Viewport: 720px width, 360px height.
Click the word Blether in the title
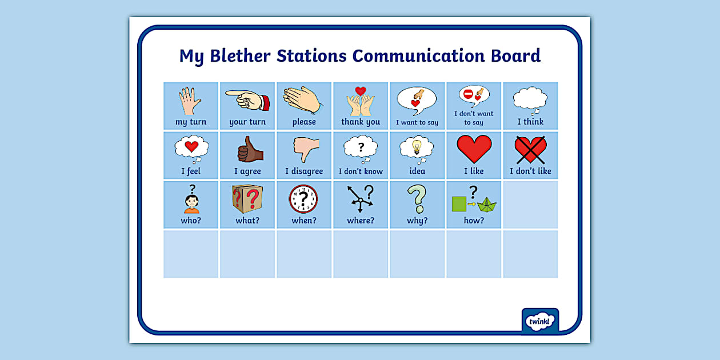(x=241, y=56)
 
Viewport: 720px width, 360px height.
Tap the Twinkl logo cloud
(x=539, y=321)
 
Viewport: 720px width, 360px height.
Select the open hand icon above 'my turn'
(x=190, y=101)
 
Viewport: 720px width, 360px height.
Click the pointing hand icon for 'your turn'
(x=246, y=101)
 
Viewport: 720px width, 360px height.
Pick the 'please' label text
(x=304, y=122)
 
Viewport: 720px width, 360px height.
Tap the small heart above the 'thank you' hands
(x=360, y=91)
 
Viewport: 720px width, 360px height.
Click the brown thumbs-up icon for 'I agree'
(x=249, y=149)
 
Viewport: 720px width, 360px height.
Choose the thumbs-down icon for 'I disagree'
(x=305, y=150)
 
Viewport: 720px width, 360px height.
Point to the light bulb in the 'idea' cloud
(x=417, y=146)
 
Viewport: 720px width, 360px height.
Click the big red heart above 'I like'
(x=474, y=149)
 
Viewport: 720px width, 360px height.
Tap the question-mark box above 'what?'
(x=247, y=198)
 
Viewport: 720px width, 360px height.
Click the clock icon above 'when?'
(x=303, y=199)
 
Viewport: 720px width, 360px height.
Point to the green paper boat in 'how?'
(x=487, y=205)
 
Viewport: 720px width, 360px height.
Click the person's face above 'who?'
(x=191, y=202)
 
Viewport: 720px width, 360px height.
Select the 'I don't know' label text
(x=361, y=171)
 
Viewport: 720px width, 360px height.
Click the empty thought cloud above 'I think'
(x=530, y=98)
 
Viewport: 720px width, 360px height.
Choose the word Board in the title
(x=515, y=56)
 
